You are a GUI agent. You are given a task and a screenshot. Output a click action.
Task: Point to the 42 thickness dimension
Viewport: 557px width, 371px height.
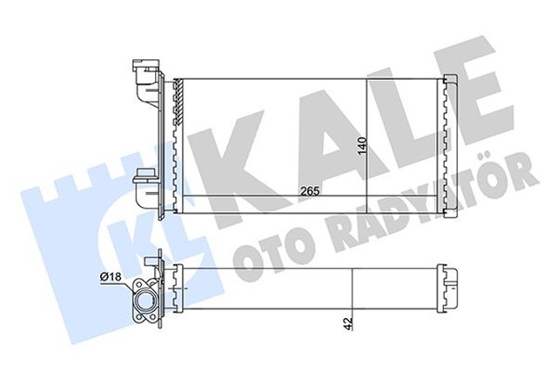click(347, 322)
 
